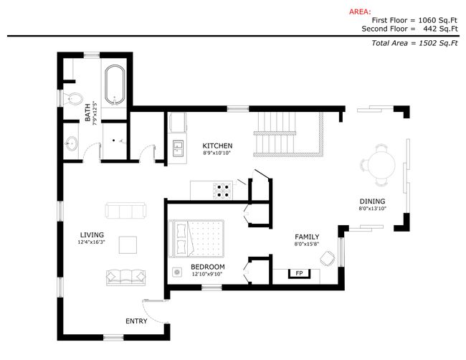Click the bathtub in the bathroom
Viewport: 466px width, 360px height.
[115, 85]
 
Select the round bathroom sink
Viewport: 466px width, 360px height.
[71, 143]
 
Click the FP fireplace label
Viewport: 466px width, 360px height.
[299, 273]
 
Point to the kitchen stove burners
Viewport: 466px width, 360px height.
[222, 191]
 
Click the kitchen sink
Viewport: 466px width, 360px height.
[178, 148]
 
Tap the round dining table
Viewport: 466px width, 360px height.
[382, 164]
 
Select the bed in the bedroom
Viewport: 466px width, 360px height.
[196, 238]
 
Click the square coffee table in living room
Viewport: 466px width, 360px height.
[128, 245]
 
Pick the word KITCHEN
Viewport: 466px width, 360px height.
[217, 146]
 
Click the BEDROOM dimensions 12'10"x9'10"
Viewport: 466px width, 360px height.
[207, 274]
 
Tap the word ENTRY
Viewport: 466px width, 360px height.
[136, 321]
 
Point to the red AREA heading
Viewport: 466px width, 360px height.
[360, 12]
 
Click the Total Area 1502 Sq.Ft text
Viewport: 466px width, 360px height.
[414, 43]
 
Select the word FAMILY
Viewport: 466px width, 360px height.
[307, 237]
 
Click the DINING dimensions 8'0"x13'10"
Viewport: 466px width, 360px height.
[372, 209]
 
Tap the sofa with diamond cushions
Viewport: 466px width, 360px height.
[126, 278]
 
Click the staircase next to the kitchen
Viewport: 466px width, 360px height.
[287, 134]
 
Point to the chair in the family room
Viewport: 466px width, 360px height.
[328, 258]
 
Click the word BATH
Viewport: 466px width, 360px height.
[87, 113]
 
